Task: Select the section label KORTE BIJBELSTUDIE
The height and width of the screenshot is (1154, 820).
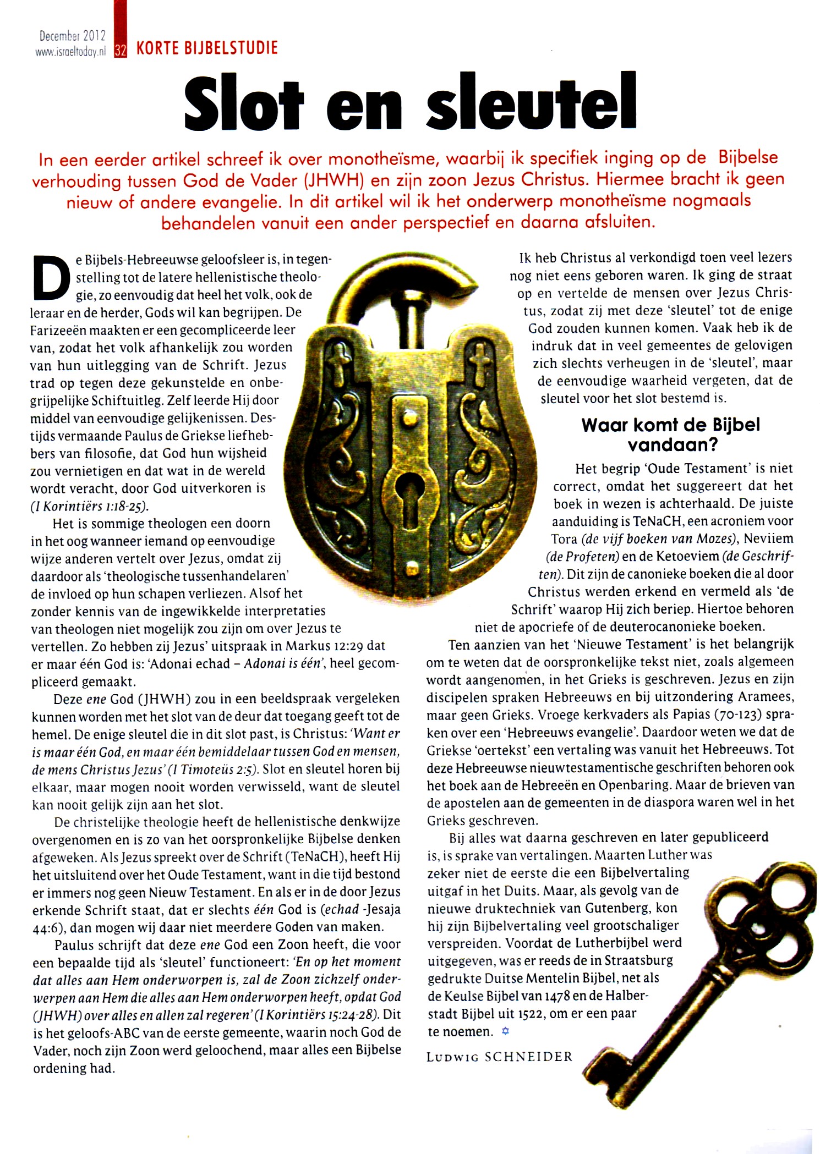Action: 207,48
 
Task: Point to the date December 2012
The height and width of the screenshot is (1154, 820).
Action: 72,36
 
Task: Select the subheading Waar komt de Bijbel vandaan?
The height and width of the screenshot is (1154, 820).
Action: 671,434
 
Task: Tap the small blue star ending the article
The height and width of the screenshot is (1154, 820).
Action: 506,1032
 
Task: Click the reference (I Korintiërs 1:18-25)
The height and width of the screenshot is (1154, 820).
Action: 89,506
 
